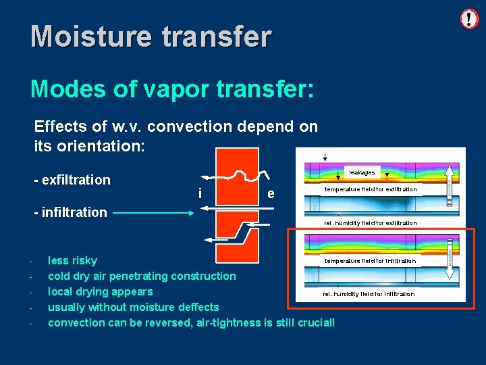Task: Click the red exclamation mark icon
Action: click(x=469, y=18)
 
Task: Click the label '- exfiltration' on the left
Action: click(x=72, y=180)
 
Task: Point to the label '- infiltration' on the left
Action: click(x=70, y=212)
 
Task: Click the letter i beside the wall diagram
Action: click(x=200, y=194)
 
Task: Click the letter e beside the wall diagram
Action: click(x=270, y=194)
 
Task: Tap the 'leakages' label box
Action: click(x=362, y=172)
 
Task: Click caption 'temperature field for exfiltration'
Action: click(x=371, y=189)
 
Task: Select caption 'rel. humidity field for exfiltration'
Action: click(x=371, y=223)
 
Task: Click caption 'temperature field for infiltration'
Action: click(x=370, y=261)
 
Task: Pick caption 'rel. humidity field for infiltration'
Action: click(x=369, y=294)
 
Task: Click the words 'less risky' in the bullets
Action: click(x=72, y=261)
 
